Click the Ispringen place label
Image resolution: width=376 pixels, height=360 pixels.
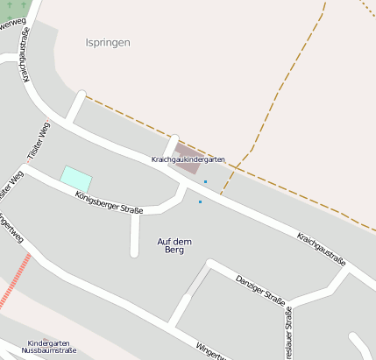(108, 42)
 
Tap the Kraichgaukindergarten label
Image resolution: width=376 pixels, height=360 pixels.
(188, 159)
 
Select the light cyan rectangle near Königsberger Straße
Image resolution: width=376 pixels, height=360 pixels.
(75, 175)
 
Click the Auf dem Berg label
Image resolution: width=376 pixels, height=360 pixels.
(174, 245)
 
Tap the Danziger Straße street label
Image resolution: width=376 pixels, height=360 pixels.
(260, 291)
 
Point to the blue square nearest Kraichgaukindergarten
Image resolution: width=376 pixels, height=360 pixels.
(205, 181)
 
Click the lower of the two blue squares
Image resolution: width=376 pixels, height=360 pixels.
(200, 202)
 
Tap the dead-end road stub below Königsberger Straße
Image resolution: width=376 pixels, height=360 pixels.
(135, 236)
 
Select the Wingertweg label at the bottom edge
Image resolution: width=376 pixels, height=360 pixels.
(210, 352)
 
